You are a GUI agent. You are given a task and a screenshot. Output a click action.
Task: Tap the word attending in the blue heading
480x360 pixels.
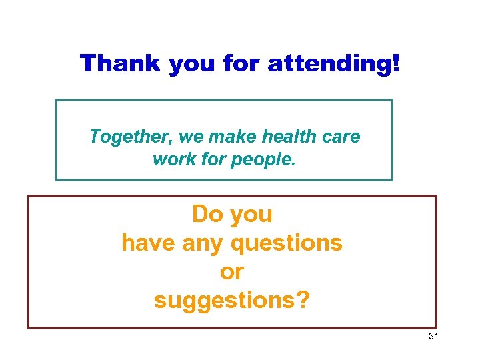coord(335,64)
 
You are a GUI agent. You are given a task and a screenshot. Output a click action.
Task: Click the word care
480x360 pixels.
coord(341,137)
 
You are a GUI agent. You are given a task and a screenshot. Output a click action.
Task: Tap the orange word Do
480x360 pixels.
coord(207,215)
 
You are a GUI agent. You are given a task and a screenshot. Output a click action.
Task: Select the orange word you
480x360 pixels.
coord(251,215)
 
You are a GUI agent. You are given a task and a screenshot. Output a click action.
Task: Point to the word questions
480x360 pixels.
coord(287,243)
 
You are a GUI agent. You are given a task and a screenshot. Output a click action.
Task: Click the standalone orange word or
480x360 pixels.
coord(231,272)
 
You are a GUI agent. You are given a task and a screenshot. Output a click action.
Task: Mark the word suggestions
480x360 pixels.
coord(231,301)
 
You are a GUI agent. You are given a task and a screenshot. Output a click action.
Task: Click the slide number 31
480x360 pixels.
coord(433,337)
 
